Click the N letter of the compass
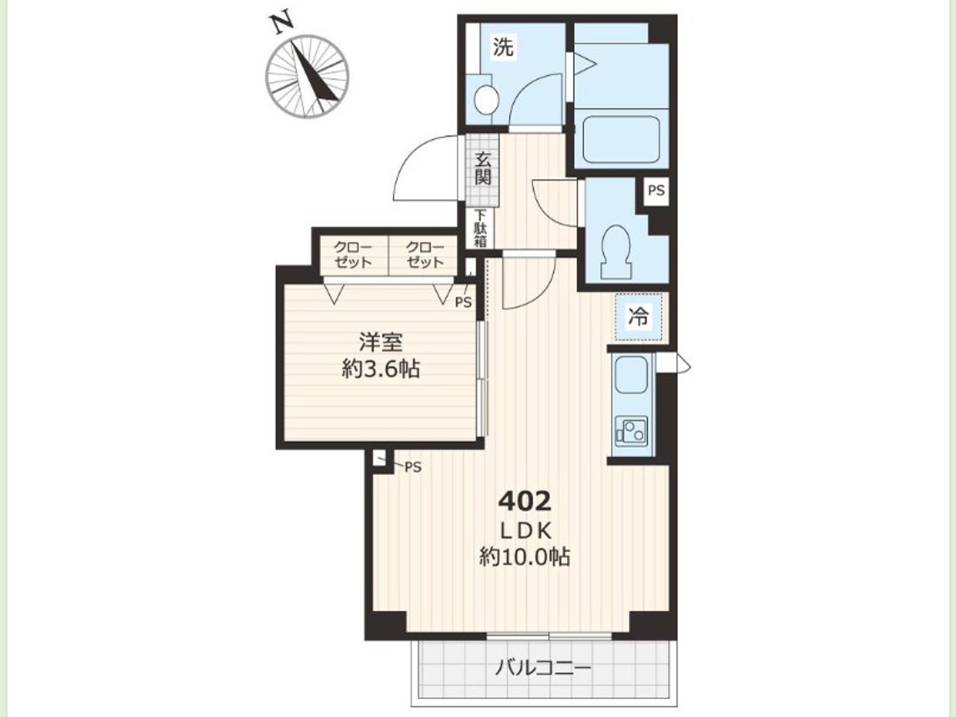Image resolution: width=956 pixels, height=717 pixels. point(281,24)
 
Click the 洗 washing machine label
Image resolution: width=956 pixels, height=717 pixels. point(503,47)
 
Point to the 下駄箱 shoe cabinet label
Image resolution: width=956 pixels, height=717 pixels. point(480,229)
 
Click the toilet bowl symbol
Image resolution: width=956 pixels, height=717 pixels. point(616,253)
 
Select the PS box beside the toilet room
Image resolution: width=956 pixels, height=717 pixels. point(657,190)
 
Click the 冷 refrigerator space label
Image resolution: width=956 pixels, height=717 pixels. point(638,317)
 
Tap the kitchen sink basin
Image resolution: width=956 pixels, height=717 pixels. point(630,375)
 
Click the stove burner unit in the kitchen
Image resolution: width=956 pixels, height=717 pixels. point(631,432)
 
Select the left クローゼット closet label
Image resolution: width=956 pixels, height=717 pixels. point(353,255)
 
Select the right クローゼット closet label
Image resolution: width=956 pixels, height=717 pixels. point(425,255)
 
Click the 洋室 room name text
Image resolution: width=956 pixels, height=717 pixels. point(381,342)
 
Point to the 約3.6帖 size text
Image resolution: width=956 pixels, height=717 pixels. point(381,370)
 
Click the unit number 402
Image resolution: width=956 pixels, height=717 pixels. point(525,501)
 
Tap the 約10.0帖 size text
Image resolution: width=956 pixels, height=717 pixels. point(525,556)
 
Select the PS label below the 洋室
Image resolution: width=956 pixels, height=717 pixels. point(413,468)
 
